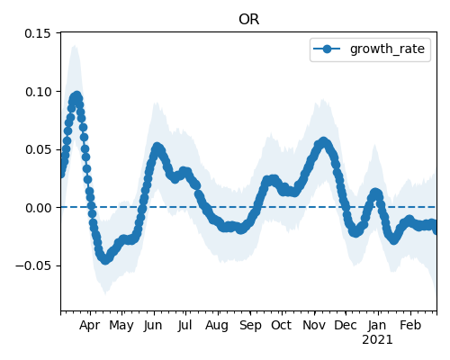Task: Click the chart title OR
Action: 248,20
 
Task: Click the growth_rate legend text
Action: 387,49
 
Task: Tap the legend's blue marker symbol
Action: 327,49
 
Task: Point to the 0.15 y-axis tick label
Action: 38,33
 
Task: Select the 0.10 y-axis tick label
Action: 38,92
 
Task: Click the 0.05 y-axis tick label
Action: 38,149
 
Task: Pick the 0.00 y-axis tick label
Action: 38,208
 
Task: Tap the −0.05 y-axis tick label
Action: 33,265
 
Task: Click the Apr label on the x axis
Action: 89,326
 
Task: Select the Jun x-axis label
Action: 153,326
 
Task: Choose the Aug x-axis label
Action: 217,326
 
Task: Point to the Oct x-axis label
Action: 281,325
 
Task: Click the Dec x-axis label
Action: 346,325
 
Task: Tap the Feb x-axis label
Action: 410,325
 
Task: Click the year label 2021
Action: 377,340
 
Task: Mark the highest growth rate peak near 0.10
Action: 77,96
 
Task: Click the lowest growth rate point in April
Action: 104,259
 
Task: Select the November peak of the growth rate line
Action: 323,142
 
